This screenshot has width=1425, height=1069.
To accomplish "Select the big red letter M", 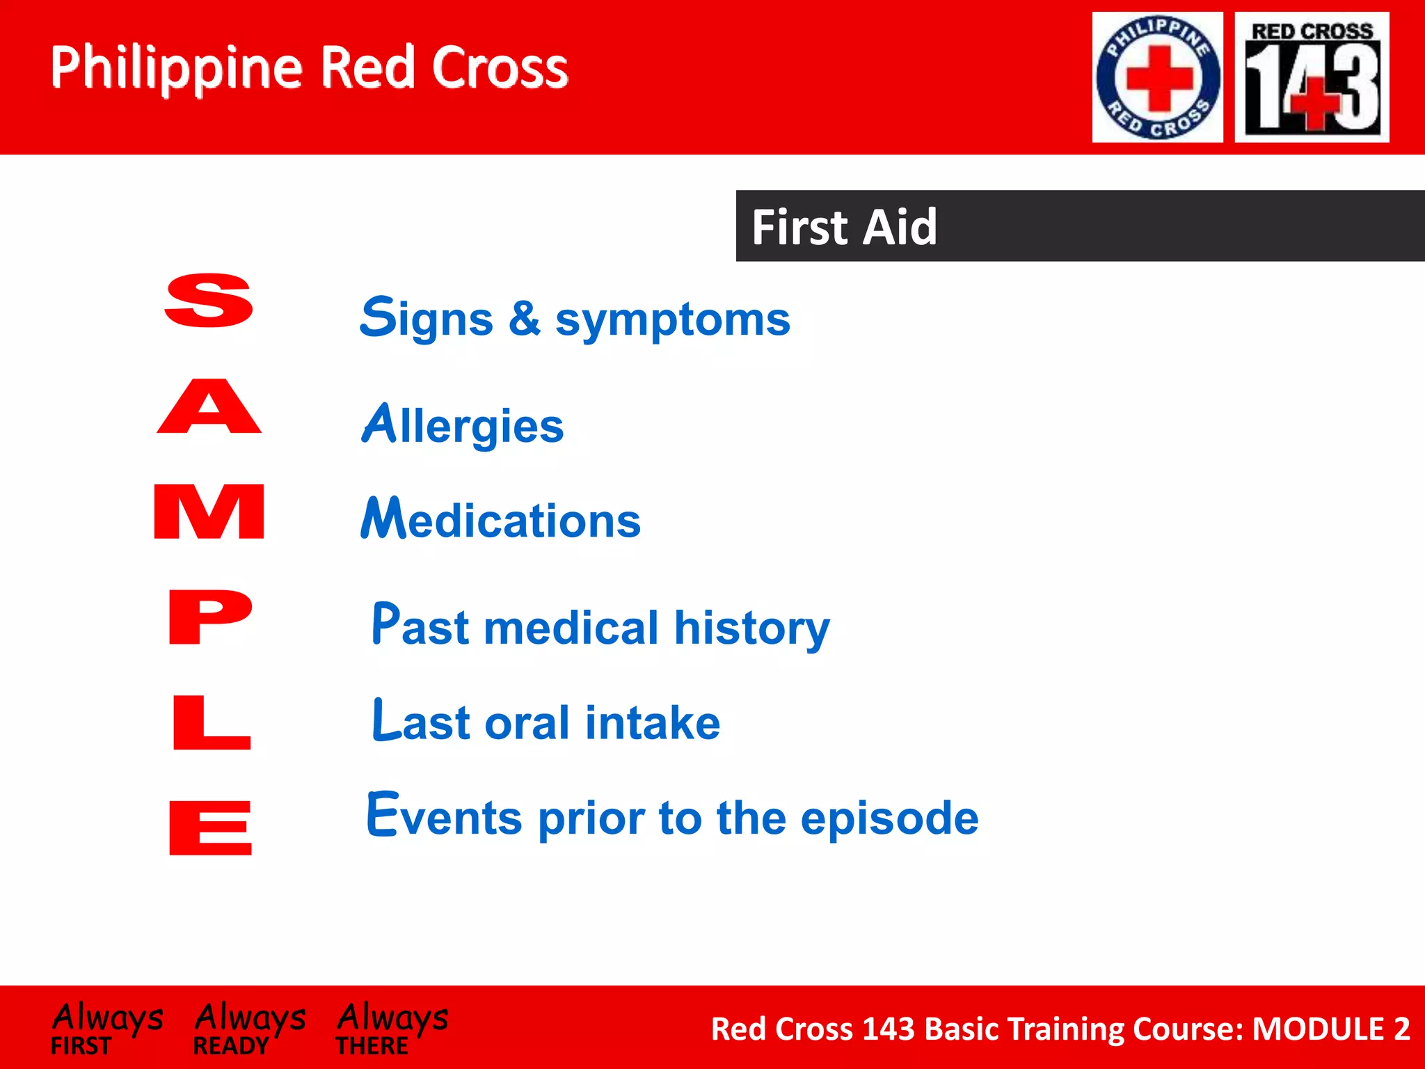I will [x=209, y=512].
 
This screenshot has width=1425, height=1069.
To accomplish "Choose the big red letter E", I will [x=210, y=828].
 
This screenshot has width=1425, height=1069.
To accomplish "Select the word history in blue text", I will [x=751, y=628].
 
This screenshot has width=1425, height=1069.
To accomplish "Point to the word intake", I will [x=652, y=722].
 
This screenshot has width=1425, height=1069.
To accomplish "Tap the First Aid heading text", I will [x=844, y=227].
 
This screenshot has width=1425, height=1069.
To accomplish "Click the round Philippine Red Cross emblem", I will [x=1157, y=77].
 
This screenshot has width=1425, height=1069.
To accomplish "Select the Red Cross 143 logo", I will [x=1312, y=77].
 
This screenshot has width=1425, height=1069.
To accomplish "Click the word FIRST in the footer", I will [x=81, y=1046].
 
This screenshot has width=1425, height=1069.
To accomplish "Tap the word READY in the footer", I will [x=230, y=1046].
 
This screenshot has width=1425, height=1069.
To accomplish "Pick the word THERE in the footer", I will [x=372, y=1046].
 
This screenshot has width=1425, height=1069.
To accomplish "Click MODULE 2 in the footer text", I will [x=1330, y=1029].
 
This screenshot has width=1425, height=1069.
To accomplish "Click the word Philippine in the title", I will [x=176, y=68].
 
